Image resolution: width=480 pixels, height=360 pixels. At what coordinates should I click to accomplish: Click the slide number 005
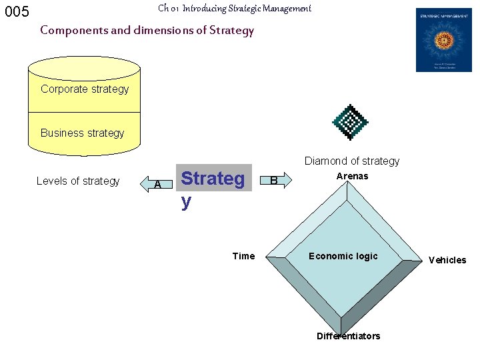click(17, 12)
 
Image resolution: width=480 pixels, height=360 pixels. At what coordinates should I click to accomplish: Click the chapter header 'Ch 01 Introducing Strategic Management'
click(235, 9)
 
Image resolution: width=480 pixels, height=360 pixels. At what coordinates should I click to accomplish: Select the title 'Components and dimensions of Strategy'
click(147, 30)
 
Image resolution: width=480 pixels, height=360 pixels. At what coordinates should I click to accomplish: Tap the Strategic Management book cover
click(443, 40)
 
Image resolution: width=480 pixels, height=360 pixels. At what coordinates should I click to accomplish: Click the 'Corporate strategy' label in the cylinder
click(85, 89)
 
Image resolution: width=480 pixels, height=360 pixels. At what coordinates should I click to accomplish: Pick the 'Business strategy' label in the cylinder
click(82, 133)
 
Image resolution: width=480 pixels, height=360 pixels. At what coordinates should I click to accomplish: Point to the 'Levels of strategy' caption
click(78, 181)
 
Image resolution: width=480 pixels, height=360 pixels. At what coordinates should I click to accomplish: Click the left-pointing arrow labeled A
click(156, 183)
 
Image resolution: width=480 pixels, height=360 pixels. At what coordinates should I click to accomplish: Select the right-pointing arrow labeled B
click(274, 180)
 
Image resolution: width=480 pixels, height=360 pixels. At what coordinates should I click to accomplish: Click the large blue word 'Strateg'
click(213, 179)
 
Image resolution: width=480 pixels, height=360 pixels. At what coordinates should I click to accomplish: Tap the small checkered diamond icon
click(350, 122)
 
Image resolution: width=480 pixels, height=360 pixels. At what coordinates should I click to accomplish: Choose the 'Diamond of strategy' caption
click(352, 161)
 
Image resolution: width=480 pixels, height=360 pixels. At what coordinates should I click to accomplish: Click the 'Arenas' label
click(352, 177)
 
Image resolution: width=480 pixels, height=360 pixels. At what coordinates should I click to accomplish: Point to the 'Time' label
click(243, 256)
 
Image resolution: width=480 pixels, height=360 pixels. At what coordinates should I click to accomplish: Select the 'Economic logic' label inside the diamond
click(343, 256)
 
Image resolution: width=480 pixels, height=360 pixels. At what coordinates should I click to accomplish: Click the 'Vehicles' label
click(447, 260)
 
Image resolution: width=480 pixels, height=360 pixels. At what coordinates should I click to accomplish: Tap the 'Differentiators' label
click(348, 336)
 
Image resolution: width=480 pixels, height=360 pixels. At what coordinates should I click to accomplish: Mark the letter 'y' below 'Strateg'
click(186, 201)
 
